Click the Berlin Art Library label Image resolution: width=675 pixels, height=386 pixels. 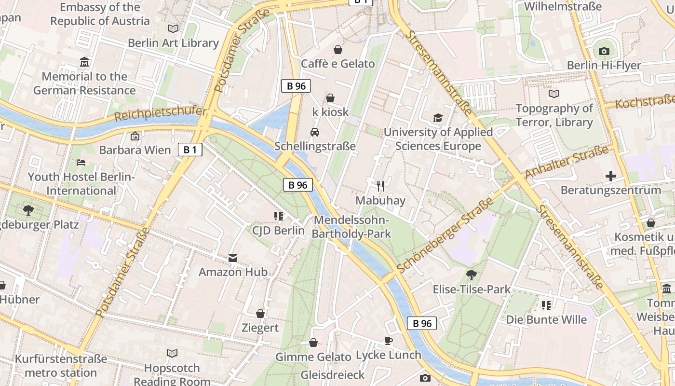[x=173, y=43]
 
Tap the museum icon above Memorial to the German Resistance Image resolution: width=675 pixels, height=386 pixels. [x=84, y=62]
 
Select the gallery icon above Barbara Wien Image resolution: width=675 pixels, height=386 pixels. [x=135, y=136]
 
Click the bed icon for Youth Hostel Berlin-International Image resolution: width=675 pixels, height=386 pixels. [x=81, y=163]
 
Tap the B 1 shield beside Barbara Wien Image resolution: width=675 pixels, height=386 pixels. [x=190, y=150]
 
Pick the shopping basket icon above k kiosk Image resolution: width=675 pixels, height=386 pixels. [x=330, y=98]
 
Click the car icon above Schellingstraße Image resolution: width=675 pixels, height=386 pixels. [x=315, y=132]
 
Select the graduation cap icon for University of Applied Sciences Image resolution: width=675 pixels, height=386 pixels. [x=438, y=118]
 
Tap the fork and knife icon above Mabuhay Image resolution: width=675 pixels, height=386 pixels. [x=380, y=186]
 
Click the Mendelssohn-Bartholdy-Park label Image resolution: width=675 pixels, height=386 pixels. [x=351, y=227]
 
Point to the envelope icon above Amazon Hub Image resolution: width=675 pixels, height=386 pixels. [x=233, y=258]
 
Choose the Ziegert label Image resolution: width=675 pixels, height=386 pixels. [x=260, y=328]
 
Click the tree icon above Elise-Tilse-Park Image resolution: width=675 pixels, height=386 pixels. [x=472, y=275]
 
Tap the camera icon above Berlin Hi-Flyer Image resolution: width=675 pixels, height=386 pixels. [x=604, y=51]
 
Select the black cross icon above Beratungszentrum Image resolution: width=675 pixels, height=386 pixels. [x=611, y=176]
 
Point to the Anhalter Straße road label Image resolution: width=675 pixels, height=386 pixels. [x=567, y=162]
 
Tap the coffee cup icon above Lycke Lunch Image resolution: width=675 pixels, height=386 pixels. [x=389, y=341]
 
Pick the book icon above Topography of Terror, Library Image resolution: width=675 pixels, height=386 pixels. [x=554, y=94]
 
